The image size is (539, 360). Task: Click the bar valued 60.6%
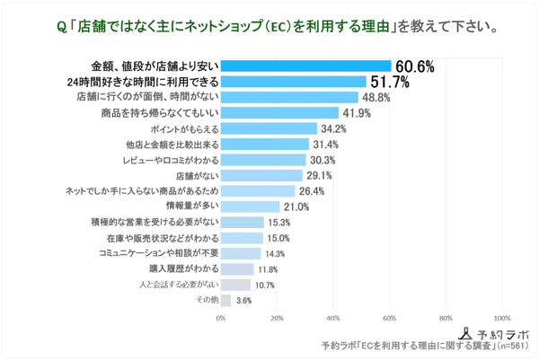pos(305,66)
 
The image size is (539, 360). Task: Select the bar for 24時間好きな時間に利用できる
pos(293,82)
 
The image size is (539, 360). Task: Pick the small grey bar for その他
pos(225,301)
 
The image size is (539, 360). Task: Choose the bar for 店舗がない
pos(261,175)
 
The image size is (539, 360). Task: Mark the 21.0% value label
pos(296,206)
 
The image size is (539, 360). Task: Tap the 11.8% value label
pos(268,269)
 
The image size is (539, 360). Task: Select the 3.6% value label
pos(243,301)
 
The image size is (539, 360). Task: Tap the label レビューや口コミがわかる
pos(169,160)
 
